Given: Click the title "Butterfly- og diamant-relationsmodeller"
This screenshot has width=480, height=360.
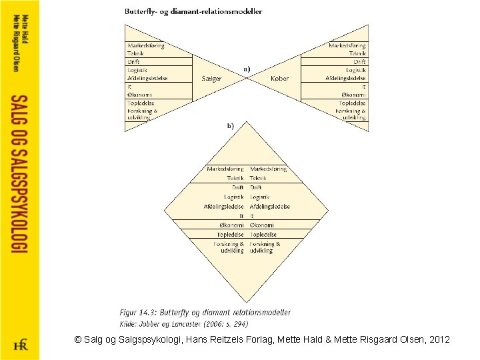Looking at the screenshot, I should pos(193,11).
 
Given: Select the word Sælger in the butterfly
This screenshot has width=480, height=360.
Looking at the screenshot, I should pos(211,78).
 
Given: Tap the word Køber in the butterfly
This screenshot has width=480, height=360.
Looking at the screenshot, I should pos(280,78).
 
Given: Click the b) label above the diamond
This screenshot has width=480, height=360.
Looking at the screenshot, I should pos(231,125).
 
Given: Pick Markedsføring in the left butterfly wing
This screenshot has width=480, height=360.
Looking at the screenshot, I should pos(146,46).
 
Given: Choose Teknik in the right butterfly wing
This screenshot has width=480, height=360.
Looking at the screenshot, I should pos(357,53).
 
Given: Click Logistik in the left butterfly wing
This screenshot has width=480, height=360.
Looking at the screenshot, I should pos(137,70).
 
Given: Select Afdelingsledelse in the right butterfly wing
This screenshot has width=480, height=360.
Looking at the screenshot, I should pos(345,78).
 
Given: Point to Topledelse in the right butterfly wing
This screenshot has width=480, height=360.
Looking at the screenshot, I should pos(352,103).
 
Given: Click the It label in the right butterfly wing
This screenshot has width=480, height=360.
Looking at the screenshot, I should pos(364,87).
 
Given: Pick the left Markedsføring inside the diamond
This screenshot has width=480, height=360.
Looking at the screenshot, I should pos(225,169).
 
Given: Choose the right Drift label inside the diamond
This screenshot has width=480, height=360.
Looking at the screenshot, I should pos(256,187).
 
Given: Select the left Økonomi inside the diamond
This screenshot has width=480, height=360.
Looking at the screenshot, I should pos(231,225).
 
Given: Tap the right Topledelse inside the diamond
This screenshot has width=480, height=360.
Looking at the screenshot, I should pos(263,235).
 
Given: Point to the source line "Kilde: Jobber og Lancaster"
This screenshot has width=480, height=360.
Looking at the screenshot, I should pos(183,323).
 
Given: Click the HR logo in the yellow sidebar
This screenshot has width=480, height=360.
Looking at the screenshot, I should pos(20,345).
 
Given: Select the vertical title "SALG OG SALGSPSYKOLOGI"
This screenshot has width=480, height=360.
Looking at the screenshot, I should pos(19,173).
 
